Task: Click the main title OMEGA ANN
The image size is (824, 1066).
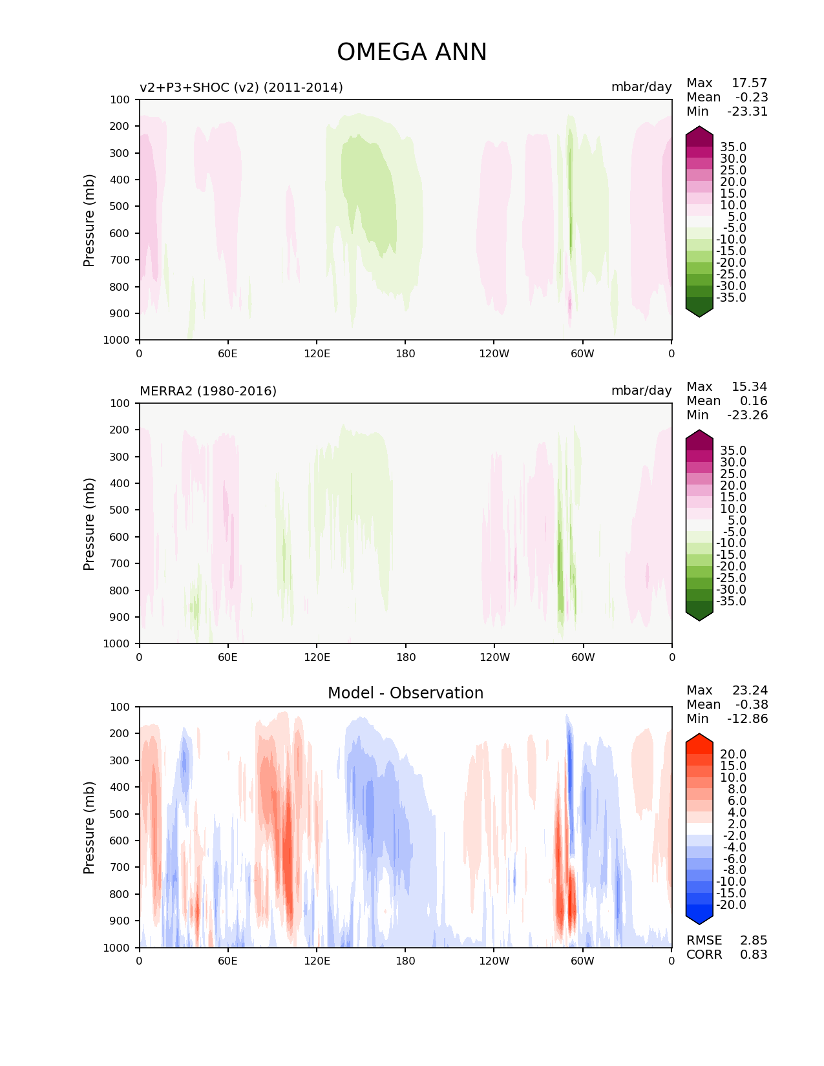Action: point(412,52)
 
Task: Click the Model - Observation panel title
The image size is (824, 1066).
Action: point(405,693)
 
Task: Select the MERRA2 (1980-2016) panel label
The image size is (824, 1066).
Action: point(208,391)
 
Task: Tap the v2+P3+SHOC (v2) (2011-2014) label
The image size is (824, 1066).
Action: point(242,87)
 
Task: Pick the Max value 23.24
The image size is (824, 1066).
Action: point(750,690)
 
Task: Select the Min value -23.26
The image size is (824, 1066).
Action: point(748,415)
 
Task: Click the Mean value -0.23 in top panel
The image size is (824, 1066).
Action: point(752,97)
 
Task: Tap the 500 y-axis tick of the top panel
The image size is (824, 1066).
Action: point(120,207)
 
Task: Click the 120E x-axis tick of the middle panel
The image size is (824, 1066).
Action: point(317,657)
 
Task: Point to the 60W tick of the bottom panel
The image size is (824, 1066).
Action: point(582,961)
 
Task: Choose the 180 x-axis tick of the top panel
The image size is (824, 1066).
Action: point(405,353)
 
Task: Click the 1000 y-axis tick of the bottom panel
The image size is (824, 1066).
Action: point(116,948)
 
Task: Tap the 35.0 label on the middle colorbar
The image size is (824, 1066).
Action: point(734,450)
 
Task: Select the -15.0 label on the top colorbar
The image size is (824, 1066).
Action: point(731,251)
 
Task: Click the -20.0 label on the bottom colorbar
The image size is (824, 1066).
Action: point(731,904)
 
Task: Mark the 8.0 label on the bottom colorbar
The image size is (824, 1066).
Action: point(737,789)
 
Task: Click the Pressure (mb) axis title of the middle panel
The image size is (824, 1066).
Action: point(89,524)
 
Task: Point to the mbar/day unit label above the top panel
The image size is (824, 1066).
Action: point(642,87)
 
